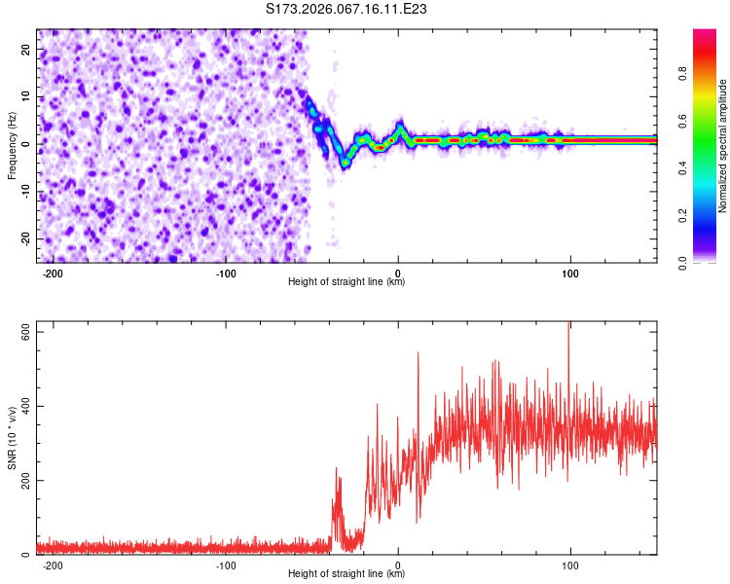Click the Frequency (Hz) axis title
point(13,146)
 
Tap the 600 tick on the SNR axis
point(21,332)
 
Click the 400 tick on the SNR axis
point(21,406)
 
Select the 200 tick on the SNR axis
point(21,481)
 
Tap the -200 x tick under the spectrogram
point(53,274)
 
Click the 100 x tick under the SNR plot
point(570,566)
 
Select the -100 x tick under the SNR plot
point(225,566)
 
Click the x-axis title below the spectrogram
point(347,282)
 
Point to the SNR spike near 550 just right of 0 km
point(419,354)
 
